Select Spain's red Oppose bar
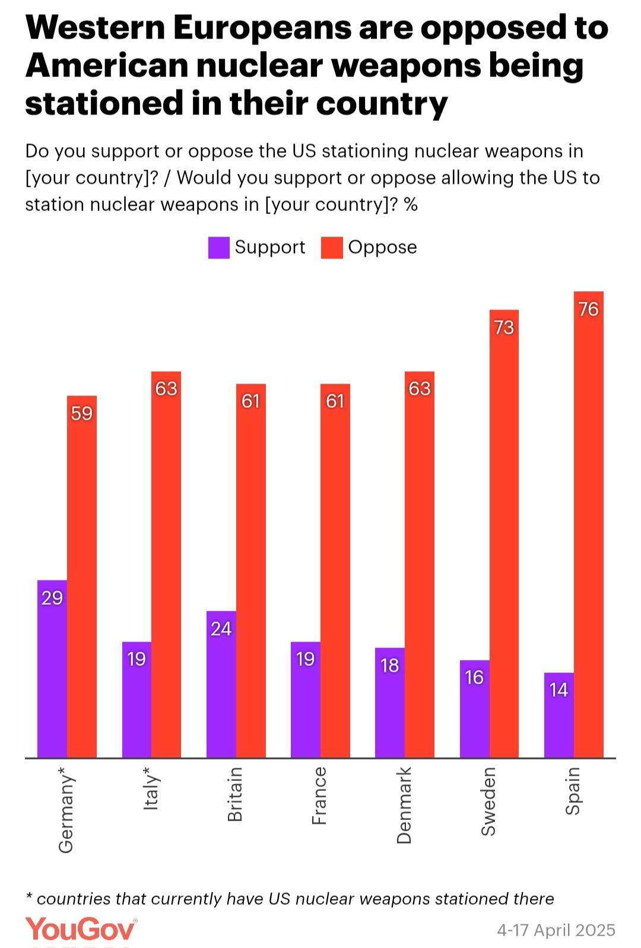tap(589, 524)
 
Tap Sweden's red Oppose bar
tap(504, 534)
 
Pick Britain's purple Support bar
tap(221, 684)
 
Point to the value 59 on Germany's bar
tap(82, 413)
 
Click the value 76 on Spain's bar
tap(589, 309)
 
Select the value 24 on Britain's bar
tap(221, 628)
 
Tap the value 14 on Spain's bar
tap(559, 690)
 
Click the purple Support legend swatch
tap(218, 248)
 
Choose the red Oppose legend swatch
tap(332, 248)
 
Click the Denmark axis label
tap(404, 805)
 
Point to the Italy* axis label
tap(151, 789)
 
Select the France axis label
tap(319, 796)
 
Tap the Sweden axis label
tap(488, 802)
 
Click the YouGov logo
tap(81, 929)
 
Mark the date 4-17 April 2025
tap(556, 930)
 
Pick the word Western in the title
tap(95, 28)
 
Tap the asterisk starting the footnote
tap(29, 897)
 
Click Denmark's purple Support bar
tap(390, 703)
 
